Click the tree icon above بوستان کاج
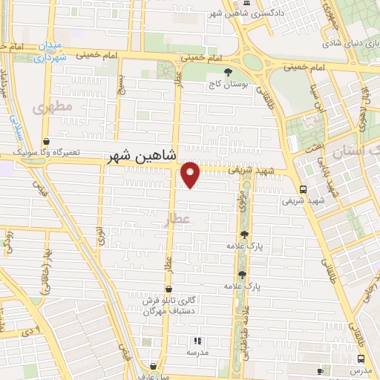216,71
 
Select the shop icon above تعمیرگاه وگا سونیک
47,140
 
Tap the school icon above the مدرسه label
197,341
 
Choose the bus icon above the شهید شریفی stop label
303,189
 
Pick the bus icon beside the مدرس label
320,370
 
